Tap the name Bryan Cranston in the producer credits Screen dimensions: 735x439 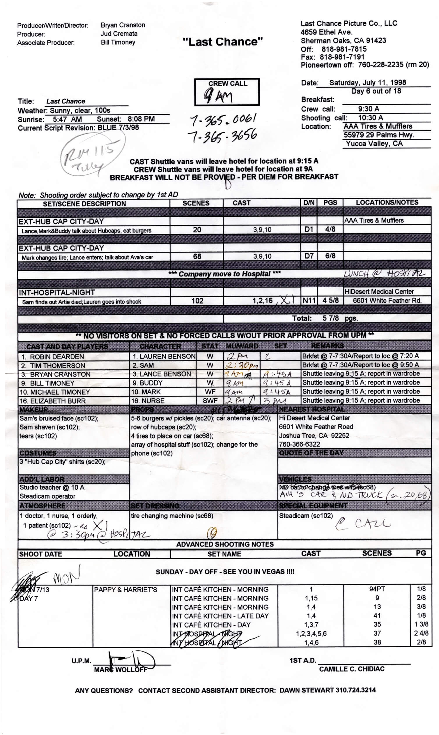123,25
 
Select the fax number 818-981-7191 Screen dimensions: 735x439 342,57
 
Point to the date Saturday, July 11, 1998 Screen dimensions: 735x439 367,82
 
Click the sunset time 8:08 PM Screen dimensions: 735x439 141,119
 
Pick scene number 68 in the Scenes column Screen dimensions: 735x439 197,256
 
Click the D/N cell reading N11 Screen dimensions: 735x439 309,301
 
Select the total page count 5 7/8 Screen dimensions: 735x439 330,318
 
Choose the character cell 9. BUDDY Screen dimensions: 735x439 147,383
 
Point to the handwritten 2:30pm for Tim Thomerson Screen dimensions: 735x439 241,365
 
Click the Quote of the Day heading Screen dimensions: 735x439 311,453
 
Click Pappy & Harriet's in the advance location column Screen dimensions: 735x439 125,589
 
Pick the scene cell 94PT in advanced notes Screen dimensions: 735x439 377,589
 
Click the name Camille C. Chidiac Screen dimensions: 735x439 351,669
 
